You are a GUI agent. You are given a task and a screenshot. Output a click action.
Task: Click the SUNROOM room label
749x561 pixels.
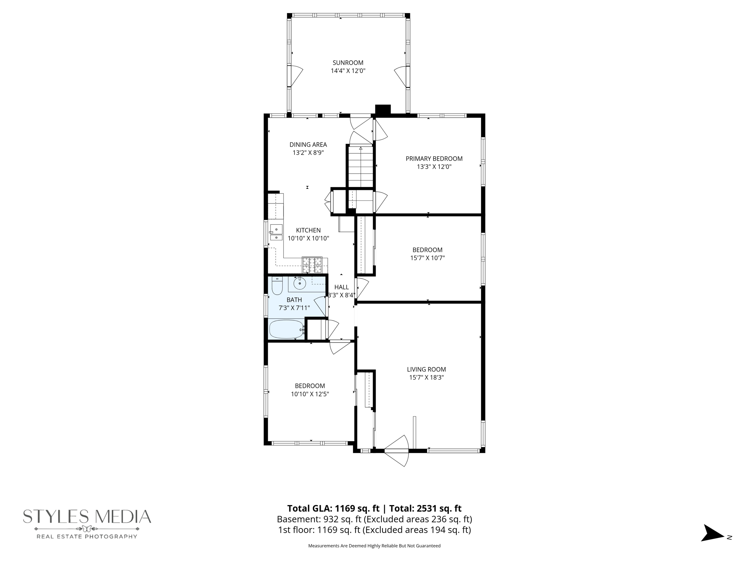point(348,62)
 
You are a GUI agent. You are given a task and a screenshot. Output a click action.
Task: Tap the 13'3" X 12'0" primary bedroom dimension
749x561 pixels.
point(434,167)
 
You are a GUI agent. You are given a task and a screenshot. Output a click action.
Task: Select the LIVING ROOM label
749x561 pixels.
point(426,369)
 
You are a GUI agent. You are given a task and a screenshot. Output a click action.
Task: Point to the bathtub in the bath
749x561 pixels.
point(287,329)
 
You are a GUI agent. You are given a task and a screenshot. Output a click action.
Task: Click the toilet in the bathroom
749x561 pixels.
point(277,286)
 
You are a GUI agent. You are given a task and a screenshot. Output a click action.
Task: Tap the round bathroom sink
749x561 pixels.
point(300,283)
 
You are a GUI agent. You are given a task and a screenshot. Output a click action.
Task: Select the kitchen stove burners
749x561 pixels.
point(312,265)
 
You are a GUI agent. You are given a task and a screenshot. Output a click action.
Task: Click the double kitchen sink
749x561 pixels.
point(276,232)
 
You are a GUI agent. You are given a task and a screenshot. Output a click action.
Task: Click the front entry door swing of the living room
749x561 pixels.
point(399,451)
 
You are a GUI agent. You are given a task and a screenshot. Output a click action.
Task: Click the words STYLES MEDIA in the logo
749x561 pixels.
point(87,517)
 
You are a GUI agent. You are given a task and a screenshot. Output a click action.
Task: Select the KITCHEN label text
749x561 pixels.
point(308,230)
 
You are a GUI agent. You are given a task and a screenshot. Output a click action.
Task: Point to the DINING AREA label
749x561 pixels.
point(308,145)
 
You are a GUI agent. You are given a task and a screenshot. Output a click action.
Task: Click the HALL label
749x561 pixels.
point(342,287)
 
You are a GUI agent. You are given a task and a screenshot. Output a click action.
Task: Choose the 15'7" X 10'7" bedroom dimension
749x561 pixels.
point(428,258)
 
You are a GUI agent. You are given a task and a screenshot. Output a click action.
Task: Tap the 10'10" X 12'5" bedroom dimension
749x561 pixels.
point(310,394)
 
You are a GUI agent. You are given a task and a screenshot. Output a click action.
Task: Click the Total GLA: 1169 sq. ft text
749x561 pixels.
point(333,508)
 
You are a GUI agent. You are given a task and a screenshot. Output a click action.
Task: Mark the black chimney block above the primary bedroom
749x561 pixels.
point(383,110)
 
